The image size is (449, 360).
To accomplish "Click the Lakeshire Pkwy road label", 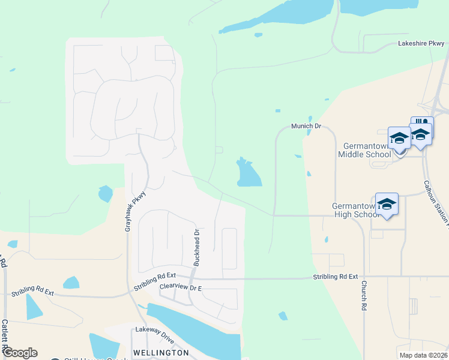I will pyautogui.click(x=421, y=44).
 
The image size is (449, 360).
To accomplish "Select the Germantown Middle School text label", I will pyautogui.click(x=364, y=150).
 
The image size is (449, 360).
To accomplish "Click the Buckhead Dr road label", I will pyautogui.click(x=196, y=247).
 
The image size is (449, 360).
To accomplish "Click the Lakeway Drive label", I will pyautogui.click(x=154, y=334).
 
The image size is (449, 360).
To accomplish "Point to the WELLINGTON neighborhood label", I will pyautogui.click(x=161, y=352).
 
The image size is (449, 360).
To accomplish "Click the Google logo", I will pyautogui.click(x=19, y=353).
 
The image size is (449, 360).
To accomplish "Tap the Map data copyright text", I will pyautogui.click(x=423, y=355).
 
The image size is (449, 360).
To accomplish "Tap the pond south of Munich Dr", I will pyautogui.click(x=249, y=174).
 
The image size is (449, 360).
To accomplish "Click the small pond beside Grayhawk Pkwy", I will pyautogui.click(x=105, y=193).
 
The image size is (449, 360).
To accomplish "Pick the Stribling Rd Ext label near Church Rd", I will pyautogui.click(x=335, y=277).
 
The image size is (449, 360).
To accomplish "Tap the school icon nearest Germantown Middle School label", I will pyautogui.click(x=399, y=139).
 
